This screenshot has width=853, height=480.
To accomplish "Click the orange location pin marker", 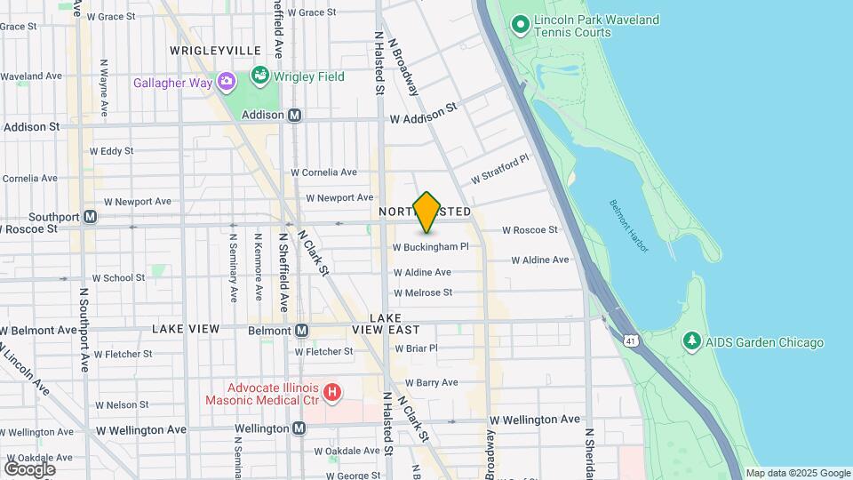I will pyautogui.click(x=427, y=212).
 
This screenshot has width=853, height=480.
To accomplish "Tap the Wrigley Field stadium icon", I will pyautogui.click(x=260, y=76).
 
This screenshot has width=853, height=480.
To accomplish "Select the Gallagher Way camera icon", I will pyautogui.click(x=227, y=83).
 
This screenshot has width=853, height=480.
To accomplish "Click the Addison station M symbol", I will pyautogui.click(x=295, y=115).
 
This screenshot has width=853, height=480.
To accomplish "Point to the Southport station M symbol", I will pyautogui.click(x=90, y=216).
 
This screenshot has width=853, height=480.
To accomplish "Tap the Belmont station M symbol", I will pyautogui.click(x=302, y=331).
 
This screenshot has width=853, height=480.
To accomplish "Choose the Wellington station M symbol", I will pyautogui.click(x=300, y=428).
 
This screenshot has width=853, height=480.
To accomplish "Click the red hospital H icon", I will pyautogui.click(x=332, y=391).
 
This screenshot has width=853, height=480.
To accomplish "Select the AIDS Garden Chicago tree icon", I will pyautogui.click(x=690, y=342).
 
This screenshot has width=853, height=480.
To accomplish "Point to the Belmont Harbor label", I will pyautogui.click(x=629, y=225).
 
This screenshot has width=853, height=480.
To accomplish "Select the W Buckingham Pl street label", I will pyautogui.click(x=430, y=246).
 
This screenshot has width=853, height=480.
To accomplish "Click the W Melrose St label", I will pyautogui.click(x=423, y=292).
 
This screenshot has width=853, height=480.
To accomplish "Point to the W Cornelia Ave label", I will pyautogui.click(x=323, y=172).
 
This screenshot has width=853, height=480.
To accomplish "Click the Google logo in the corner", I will pyautogui.click(x=29, y=468).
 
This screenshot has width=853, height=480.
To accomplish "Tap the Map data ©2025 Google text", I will pyautogui.click(x=797, y=473).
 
